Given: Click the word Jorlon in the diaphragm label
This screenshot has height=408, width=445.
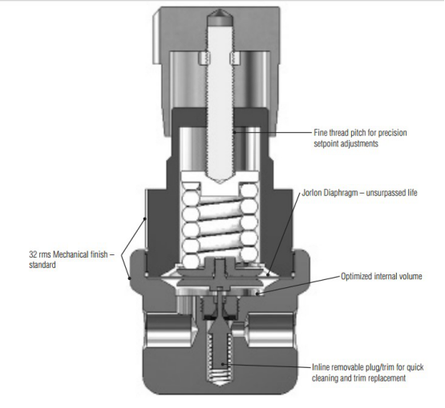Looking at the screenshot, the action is tap(312, 193).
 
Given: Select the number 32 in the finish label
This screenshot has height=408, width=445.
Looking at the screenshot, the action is tap(33, 254).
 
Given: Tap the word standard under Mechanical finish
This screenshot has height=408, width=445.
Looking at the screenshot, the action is tap(42, 266).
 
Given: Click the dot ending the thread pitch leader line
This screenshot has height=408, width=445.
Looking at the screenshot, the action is tap(234, 132).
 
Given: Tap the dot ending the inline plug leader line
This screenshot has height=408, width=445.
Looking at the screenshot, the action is tap(223, 364).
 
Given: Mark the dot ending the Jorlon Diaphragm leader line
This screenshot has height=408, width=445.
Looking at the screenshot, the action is tap(269, 274).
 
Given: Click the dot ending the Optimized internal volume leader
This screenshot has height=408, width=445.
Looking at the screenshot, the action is tap(257, 294).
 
